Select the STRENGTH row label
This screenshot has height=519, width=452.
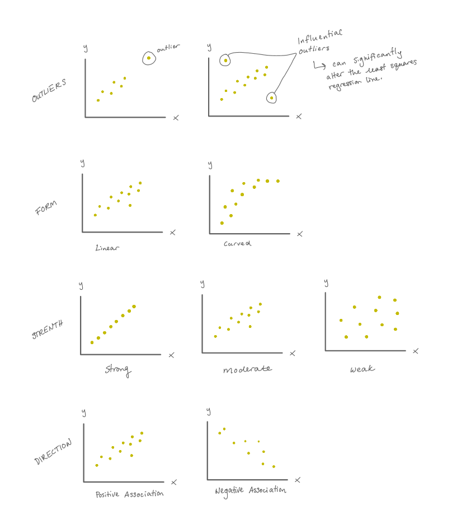click(x=47, y=329)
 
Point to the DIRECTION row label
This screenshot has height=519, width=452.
click(x=54, y=452)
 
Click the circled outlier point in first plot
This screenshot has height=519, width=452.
click(x=149, y=58)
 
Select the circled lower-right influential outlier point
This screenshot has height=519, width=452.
click(x=271, y=98)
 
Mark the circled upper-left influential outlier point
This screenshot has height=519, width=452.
click(x=225, y=60)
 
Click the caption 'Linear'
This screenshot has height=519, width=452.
click(x=107, y=247)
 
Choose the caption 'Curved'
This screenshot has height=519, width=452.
click(x=237, y=244)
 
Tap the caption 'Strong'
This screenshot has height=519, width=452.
click(x=118, y=369)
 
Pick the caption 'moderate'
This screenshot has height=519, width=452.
click(x=247, y=369)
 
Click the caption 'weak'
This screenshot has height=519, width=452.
click(x=362, y=369)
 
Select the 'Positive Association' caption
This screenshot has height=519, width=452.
click(x=129, y=494)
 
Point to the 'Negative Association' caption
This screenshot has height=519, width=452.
click(x=251, y=490)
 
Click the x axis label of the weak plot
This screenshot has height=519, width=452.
click(x=415, y=351)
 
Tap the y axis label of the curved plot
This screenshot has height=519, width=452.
click(x=210, y=165)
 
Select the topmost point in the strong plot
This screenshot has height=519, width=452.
click(x=134, y=307)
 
